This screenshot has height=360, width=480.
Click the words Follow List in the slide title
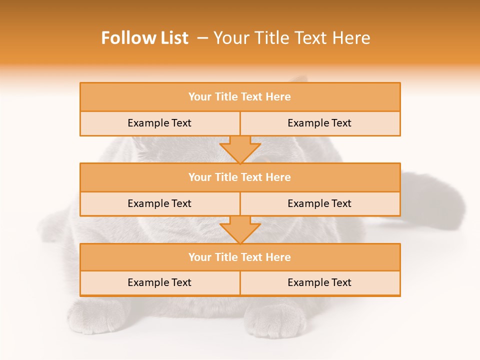click(x=144, y=38)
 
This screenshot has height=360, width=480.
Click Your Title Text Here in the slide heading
click(x=291, y=38)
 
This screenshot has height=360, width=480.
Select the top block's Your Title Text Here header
click(x=239, y=97)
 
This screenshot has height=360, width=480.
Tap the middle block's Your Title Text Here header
click(x=239, y=177)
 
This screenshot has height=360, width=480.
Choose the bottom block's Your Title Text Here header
click(x=239, y=257)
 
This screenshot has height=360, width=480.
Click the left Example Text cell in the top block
click(x=159, y=123)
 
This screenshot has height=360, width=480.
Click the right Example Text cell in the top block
click(x=319, y=123)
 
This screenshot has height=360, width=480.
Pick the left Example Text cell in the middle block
click(x=159, y=203)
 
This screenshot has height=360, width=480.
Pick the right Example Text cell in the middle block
click(x=319, y=203)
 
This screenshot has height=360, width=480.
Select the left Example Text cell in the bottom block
click(x=159, y=282)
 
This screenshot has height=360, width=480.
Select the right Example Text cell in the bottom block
click(x=319, y=282)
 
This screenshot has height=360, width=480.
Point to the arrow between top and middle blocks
click(x=240, y=149)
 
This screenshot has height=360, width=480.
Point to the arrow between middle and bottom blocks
click(x=240, y=229)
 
